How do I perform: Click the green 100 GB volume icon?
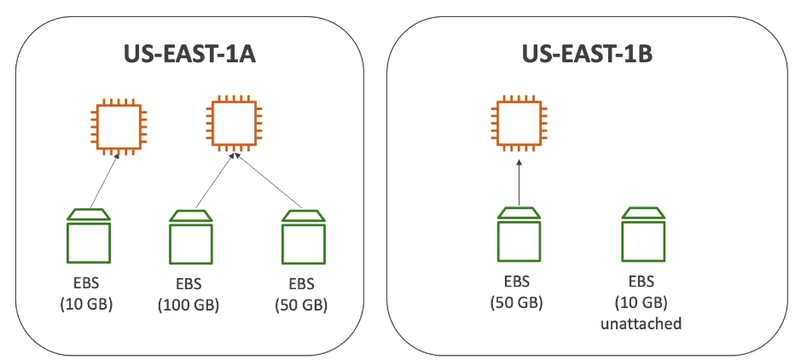pos(191,237)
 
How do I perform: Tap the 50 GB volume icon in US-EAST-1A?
pos(304,237)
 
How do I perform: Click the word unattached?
pos(641,324)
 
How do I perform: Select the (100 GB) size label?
pos(189,305)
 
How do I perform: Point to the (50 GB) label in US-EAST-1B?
pos(517,302)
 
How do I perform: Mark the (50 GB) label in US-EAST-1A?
pos(303,305)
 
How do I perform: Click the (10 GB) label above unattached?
pos(641,302)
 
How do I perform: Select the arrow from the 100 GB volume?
pos(214,181)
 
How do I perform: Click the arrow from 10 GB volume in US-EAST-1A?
pos(102,181)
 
